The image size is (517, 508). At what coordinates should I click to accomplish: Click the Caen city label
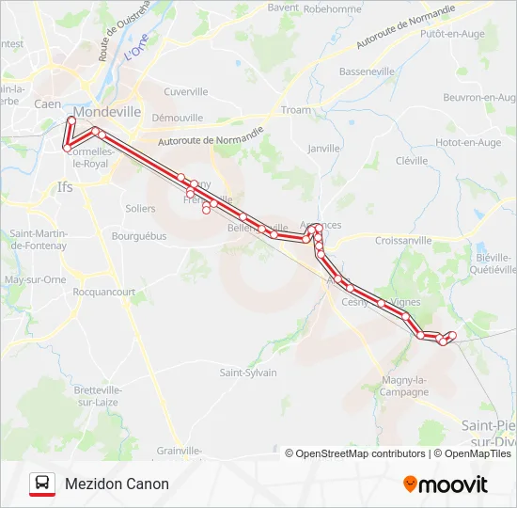pos(47,104)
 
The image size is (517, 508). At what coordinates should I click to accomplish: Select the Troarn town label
pos(295,110)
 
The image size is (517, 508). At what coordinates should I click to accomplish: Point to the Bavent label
pos(283,7)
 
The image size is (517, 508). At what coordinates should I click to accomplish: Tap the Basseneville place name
pos(367,71)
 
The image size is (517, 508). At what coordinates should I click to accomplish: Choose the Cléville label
pos(412,161)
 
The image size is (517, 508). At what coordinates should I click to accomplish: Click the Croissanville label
pos(402,241)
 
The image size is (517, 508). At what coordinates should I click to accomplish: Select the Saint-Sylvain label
pos(248,373)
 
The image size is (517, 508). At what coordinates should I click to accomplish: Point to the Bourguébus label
pos(138,236)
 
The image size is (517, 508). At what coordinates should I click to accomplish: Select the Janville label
pos(323,149)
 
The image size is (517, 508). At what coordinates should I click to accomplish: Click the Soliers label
pos(140,208)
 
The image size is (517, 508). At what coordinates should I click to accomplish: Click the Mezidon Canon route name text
pos(117,484)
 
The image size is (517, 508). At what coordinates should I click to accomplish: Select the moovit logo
pos(446,484)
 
